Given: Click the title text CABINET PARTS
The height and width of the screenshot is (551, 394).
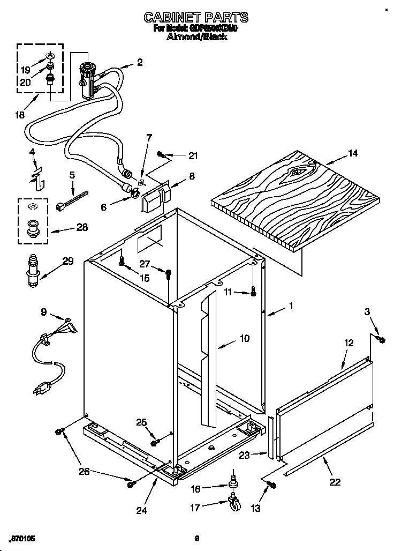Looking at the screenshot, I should (196, 18).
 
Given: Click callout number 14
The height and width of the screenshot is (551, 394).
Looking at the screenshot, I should (352, 153).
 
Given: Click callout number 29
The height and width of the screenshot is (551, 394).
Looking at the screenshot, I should (68, 262).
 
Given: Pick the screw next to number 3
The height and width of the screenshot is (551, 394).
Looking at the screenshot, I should (381, 339).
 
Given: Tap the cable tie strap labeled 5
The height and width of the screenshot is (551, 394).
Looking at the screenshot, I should (71, 200).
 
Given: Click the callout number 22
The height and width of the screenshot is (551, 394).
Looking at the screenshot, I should (335, 481).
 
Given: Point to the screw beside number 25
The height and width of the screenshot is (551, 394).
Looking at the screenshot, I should (154, 442).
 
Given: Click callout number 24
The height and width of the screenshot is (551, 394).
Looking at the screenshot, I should (141, 510).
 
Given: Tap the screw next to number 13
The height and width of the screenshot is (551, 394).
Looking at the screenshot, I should (271, 485).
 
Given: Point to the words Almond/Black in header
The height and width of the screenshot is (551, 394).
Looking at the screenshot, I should (196, 37).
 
